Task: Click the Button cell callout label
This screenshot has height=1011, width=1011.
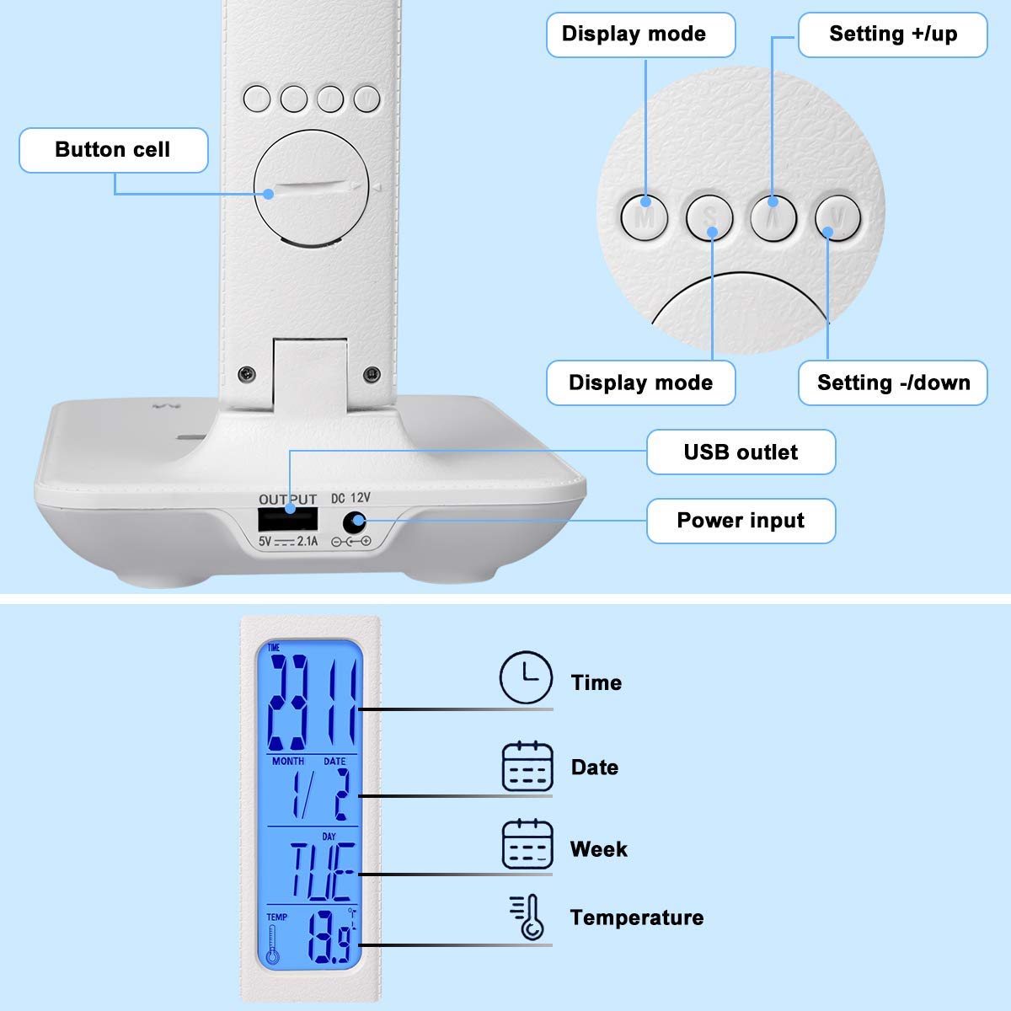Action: point(113,150)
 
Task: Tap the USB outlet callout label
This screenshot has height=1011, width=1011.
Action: point(741,452)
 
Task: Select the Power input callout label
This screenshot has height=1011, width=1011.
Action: point(741,521)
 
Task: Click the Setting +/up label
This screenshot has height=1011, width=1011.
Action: point(892,35)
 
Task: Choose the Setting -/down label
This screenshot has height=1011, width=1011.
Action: point(893,382)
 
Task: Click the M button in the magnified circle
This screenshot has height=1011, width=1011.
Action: point(645,218)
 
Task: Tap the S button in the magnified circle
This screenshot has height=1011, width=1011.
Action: point(710,218)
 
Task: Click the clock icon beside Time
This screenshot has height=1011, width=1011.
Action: point(527,677)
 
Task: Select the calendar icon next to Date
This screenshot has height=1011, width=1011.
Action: point(527,767)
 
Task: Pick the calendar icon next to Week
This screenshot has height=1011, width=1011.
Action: point(527,845)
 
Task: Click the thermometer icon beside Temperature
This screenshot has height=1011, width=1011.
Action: point(528,917)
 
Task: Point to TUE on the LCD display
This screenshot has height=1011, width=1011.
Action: point(322,873)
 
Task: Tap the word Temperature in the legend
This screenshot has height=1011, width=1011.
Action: point(636,917)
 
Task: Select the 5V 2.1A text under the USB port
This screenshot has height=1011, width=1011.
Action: point(288,542)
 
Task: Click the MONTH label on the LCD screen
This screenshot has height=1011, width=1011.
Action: point(288,761)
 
